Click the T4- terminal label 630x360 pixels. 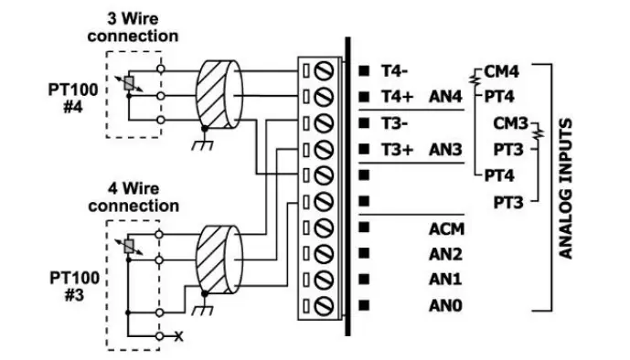click(x=394, y=69)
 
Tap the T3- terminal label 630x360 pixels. click(x=394, y=122)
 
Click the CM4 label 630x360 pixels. click(x=501, y=70)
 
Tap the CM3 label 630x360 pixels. click(x=510, y=122)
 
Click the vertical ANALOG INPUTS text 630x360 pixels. click(x=566, y=187)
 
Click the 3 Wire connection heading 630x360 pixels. click(x=133, y=27)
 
